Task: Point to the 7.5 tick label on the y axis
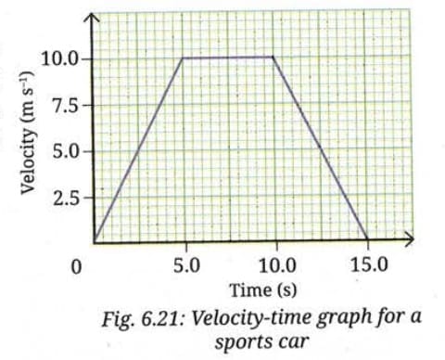click(x=67, y=105)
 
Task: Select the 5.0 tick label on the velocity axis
click(x=67, y=150)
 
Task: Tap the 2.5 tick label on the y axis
click(x=67, y=197)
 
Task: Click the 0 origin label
click(x=79, y=267)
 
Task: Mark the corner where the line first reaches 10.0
click(x=183, y=58)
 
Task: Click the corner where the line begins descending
click(x=273, y=58)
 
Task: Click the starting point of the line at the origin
click(x=94, y=240)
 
